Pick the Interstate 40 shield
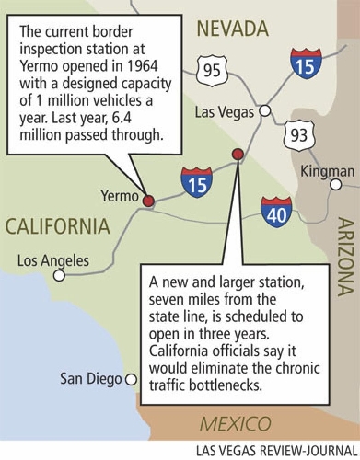point(277,212)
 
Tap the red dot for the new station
point(238,154)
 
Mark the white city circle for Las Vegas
point(264,110)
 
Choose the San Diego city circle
point(131,377)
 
